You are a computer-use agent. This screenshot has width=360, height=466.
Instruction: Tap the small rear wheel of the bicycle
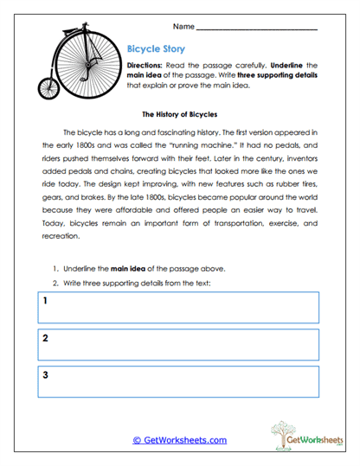48,86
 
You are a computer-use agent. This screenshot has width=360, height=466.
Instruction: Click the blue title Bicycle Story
156,50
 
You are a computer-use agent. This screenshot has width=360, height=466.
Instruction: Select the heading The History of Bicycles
179,114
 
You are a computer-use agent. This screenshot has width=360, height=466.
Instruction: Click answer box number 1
178,307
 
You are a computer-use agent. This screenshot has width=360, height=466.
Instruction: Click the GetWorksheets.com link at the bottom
179,440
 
